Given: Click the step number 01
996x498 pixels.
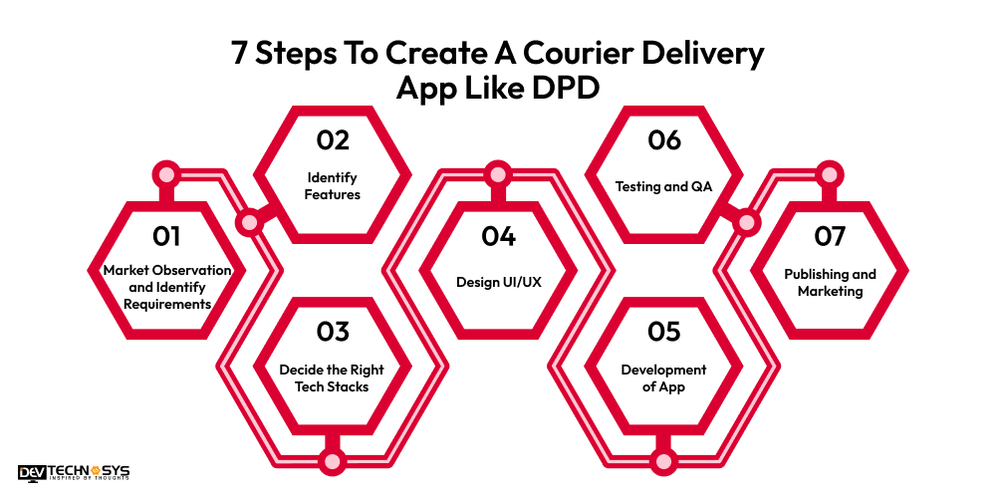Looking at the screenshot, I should (x=166, y=237).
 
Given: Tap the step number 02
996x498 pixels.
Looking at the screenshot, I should (x=332, y=141).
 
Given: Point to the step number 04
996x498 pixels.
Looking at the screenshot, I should (x=498, y=237).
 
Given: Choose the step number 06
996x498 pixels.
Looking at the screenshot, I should (x=663, y=141).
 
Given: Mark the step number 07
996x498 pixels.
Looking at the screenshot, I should (x=829, y=237).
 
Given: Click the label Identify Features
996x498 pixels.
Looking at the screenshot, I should (x=332, y=186).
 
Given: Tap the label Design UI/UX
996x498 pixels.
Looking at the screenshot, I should (x=498, y=282).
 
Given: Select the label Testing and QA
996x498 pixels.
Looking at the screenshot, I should (x=663, y=186).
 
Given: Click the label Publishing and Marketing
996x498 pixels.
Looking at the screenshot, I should (x=829, y=283).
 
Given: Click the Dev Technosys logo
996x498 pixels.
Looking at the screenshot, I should (x=74, y=473).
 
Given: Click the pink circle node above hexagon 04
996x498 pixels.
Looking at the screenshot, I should (x=498, y=175).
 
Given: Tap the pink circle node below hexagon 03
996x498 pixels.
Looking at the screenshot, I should (x=332, y=461).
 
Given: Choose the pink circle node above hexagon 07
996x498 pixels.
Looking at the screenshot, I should (x=829, y=175).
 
